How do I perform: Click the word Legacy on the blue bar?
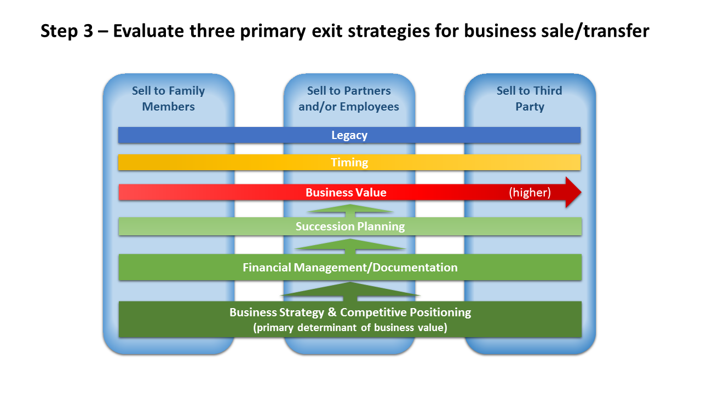pyautogui.click(x=349, y=135)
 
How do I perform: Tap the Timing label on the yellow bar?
pyautogui.click(x=349, y=163)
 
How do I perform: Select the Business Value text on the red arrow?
pyautogui.click(x=346, y=193)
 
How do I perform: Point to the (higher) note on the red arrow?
pyautogui.click(x=530, y=193)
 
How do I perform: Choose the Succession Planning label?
pyautogui.click(x=350, y=227)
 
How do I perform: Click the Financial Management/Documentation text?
pyautogui.click(x=350, y=268)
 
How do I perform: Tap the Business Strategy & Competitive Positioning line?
pyautogui.click(x=350, y=312)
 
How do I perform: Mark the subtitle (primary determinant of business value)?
pyautogui.click(x=350, y=328)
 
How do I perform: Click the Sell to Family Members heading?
pyautogui.click(x=169, y=99)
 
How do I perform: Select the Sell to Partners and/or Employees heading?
pyautogui.click(x=349, y=99)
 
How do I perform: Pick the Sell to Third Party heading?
pyautogui.click(x=530, y=99)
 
